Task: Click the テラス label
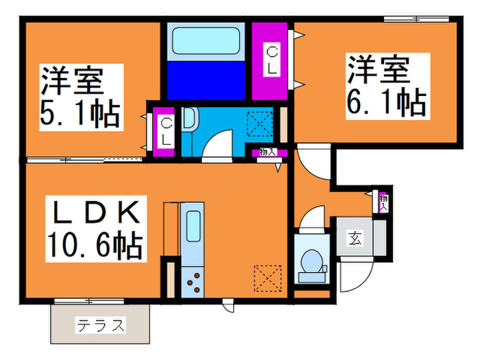coord(101,324)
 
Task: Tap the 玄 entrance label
coord(355,239)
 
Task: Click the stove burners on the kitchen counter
coord(194,281)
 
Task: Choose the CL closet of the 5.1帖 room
coord(166,131)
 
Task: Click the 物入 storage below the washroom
coord(265,153)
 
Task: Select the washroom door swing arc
coord(219,144)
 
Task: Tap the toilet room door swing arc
coord(312,219)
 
